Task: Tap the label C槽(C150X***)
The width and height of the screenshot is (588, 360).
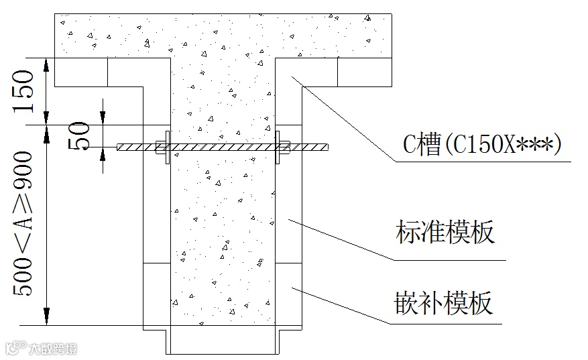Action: [x=480, y=144]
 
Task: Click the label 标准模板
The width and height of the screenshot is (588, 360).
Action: [x=445, y=232]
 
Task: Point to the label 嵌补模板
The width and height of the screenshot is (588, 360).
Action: [x=444, y=303]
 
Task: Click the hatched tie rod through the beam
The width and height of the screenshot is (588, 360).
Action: [x=221, y=145]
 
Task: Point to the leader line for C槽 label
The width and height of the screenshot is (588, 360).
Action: [x=349, y=121]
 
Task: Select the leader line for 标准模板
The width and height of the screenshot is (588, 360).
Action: [x=342, y=238]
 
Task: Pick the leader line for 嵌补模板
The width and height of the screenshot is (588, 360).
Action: [x=342, y=306]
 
